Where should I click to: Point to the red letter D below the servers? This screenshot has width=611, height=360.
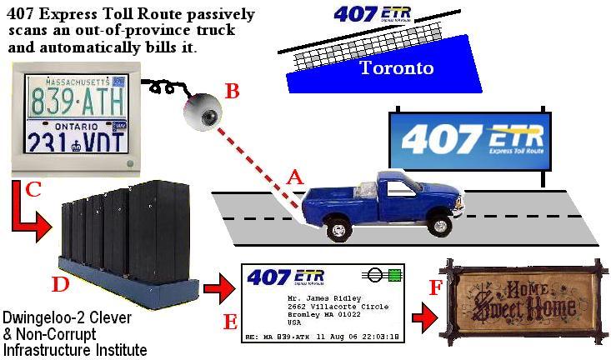59,284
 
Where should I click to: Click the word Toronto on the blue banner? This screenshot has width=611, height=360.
396,67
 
